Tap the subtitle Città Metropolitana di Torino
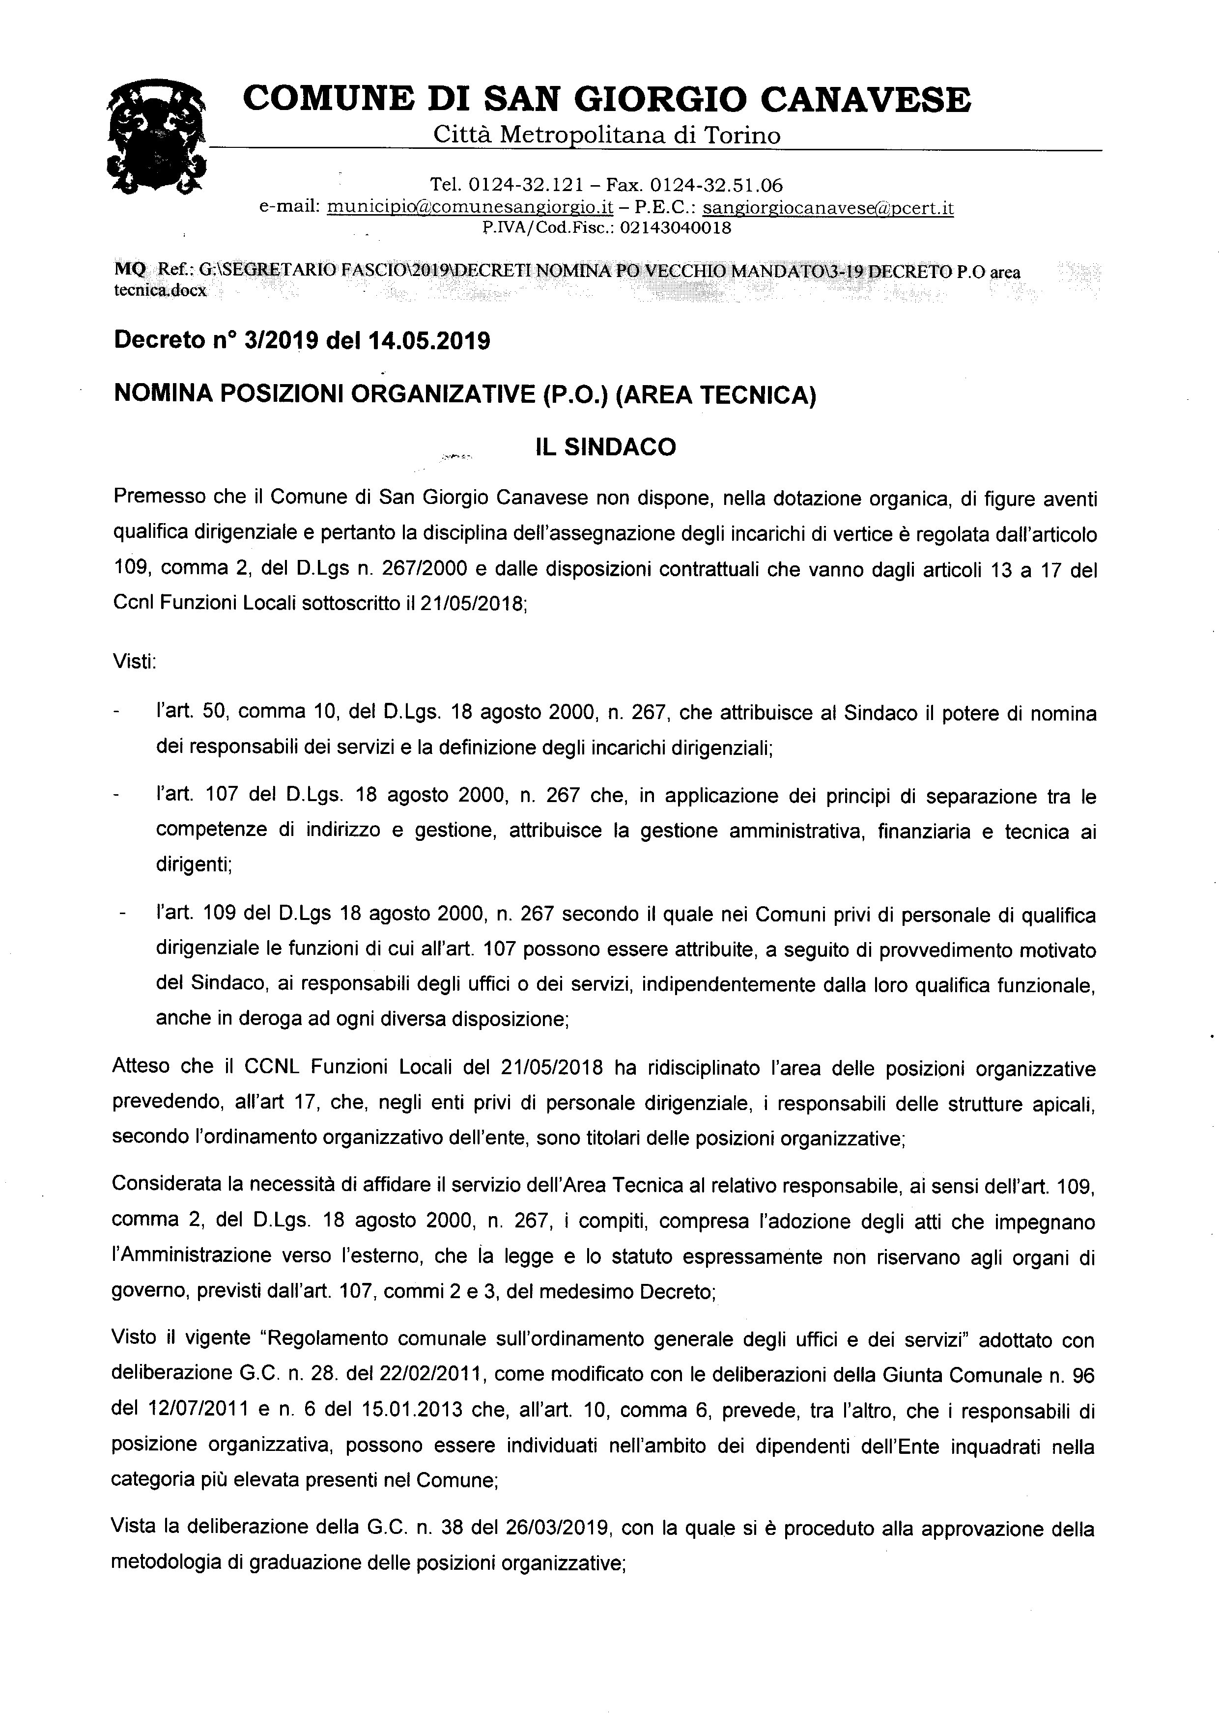pos(607,135)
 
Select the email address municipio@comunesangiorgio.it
pos(471,207)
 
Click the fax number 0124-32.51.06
pos(716,185)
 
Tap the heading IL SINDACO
pos(605,447)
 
